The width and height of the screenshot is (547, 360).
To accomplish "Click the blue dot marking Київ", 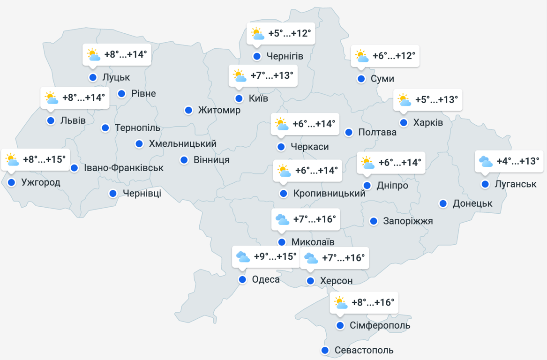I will [239, 98].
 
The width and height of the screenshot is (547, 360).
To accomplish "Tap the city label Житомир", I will [219, 111].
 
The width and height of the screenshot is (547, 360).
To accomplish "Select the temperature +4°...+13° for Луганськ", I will [517, 161].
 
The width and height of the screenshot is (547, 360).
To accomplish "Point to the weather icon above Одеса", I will [243, 257].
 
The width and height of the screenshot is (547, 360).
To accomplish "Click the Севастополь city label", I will [364, 350].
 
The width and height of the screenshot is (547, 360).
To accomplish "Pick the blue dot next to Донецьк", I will [443, 203].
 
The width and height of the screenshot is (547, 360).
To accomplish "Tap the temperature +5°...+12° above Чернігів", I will [289, 33].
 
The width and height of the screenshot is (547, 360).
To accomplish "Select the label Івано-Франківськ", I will [124, 168].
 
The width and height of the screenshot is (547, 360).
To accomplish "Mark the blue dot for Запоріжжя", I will [374, 221].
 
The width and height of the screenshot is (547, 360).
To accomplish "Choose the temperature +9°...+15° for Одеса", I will [275, 257].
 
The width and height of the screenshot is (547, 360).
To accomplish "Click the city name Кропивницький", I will [329, 193].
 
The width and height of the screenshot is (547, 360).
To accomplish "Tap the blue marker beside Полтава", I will [349, 132].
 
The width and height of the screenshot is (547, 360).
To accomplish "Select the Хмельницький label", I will [182, 144].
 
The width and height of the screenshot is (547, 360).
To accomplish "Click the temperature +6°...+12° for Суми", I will [394, 56].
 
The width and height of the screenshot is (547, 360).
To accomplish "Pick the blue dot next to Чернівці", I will [113, 193].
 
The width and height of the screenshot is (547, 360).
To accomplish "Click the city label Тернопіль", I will [137, 127].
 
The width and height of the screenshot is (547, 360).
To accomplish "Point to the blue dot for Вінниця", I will [184, 160].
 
